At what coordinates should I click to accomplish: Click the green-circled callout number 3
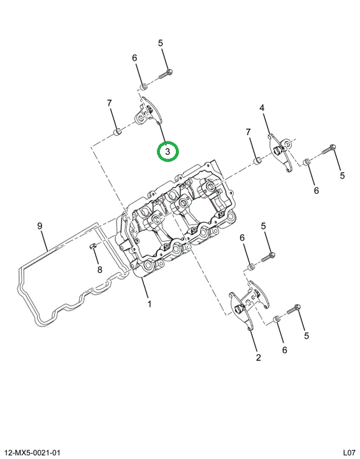(x=168, y=152)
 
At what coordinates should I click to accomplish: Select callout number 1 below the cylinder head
(x=149, y=304)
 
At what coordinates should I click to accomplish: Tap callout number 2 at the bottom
(x=258, y=358)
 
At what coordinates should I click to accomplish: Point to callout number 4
(x=262, y=108)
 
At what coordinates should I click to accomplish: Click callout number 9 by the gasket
(x=40, y=226)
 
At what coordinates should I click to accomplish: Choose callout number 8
(x=100, y=270)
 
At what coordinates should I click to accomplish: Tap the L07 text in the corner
(x=349, y=453)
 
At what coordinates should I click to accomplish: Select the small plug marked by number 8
(x=92, y=246)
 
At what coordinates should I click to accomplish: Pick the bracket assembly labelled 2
(x=248, y=306)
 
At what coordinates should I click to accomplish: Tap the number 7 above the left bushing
(x=109, y=103)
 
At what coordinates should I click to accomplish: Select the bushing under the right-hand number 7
(x=257, y=161)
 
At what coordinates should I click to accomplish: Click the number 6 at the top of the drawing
(x=134, y=57)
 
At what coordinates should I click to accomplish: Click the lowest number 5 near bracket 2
(x=306, y=335)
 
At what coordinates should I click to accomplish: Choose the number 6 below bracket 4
(x=316, y=191)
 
